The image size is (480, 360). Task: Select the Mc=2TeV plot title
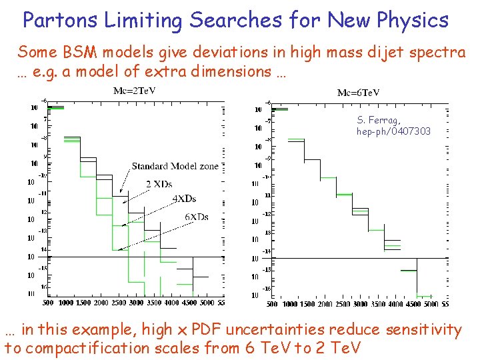tap(135, 91)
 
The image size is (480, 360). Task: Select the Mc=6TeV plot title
tap(358, 93)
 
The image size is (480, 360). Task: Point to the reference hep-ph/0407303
tap(393, 132)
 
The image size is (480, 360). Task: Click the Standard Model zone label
tap(175, 166)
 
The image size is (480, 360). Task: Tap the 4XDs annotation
tap(184, 199)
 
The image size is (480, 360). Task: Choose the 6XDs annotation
tap(197, 216)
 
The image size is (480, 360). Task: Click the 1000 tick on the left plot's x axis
tap(66, 303)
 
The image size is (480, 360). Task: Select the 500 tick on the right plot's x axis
tap(271, 305)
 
